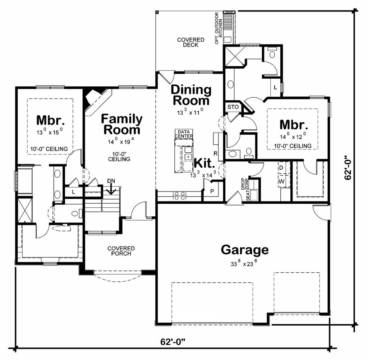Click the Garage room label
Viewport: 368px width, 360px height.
tap(244, 249)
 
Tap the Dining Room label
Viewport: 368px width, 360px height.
tap(191, 95)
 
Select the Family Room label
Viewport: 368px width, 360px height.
tap(121, 124)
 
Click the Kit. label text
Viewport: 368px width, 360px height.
tap(204, 163)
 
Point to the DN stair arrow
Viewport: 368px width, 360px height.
tap(111, 187)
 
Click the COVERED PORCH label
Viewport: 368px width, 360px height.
tap(121, 251)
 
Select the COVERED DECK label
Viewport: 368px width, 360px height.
tap(190, 42)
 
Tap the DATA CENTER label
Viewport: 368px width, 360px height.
tap(184, 134)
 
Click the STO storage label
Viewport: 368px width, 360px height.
tap(233, 107)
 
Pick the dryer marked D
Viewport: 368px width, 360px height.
tap(281, 168)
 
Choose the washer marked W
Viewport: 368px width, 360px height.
tap(281, 181)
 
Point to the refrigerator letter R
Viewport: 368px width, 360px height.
tap(216, 153)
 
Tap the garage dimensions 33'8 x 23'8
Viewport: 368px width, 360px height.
tap(244, 263)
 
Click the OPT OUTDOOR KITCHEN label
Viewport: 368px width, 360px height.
tap(219, 28)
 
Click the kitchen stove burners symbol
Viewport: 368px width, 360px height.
tap(179, 195)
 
